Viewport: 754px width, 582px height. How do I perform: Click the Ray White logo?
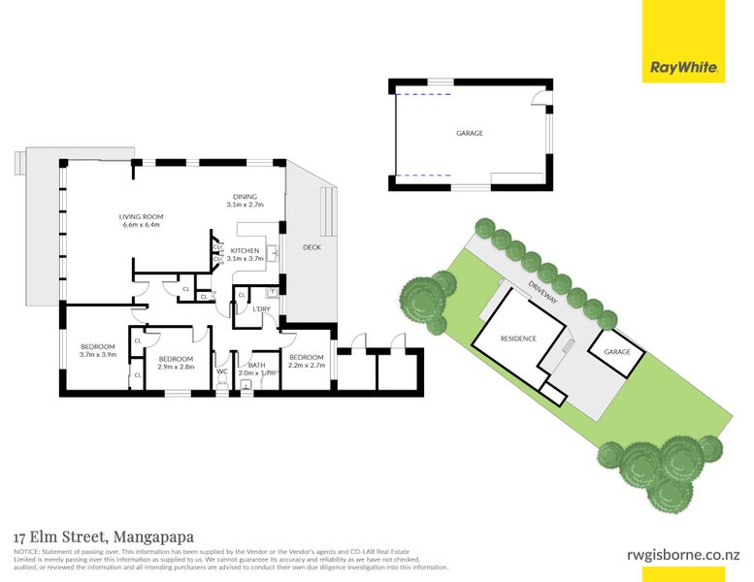pos(683,68)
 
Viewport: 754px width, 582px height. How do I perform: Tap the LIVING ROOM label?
pos(141,216)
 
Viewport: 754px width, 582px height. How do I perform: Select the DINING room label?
pos(245,197)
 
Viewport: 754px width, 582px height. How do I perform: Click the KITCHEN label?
pos(245,251)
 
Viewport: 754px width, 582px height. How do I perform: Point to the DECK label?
pos(311,246)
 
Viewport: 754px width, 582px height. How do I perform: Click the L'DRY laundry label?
pos(261,308)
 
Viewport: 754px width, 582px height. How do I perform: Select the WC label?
pos(222,371)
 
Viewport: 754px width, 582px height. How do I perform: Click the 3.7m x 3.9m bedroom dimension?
pos(97,355)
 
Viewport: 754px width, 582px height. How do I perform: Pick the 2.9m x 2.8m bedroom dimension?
pos(177,368)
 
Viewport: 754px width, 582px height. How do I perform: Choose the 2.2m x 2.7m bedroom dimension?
pos(306,366)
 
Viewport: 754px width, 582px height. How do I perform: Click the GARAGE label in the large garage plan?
pos(470,133)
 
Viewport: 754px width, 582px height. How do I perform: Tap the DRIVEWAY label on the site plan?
pos(542,292)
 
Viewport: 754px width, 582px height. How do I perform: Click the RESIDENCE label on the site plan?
pos(518,339)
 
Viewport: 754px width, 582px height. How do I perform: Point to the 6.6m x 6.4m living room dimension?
pos(140,225)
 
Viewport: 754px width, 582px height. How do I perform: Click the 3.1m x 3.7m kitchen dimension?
pos(245,259)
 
